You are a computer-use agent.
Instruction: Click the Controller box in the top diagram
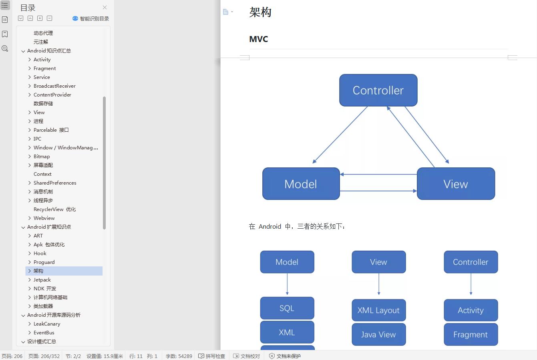[378, 90]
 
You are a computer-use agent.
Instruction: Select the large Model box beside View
[301, 184]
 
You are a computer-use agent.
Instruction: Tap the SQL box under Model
[287, 308]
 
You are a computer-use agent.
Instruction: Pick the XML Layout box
[378, 310]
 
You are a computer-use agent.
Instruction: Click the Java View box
[378, 334]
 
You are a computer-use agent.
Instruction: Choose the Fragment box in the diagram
[471, 334]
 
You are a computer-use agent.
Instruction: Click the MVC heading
[258, 39]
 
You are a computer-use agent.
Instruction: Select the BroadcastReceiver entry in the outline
[54, 86]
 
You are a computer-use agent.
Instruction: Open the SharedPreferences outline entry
[55, 183]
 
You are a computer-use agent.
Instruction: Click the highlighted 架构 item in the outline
[38, 271]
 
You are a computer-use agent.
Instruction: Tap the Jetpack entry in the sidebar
[42, 280]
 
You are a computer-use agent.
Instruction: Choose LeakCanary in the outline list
[47, 324]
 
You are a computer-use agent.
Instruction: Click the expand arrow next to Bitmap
[30, 157]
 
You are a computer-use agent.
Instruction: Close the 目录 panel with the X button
[105, 8]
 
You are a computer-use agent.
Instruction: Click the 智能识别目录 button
[91, 18]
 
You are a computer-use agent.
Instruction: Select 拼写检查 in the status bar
[212, 356]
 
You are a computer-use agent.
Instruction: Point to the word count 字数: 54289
[179, 356]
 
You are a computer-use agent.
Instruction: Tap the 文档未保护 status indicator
[285, 356]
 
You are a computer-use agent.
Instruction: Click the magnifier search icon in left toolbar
[5, 48]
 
